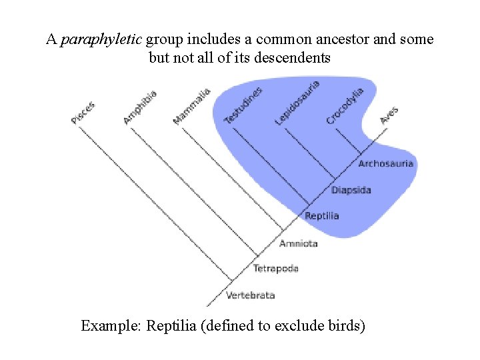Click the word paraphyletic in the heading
pos(101,39)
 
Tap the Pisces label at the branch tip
pos(84,112)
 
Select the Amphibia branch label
pos(140,107)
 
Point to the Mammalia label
pos(192,106)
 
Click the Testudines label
pos(243,105)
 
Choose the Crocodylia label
pos(345,106)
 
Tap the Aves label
pos(389,115)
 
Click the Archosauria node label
pos(386,163)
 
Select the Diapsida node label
pos(351,190)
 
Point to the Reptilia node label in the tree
pos(322,216)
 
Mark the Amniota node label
pos(298,243)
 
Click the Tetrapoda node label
pos(275,269)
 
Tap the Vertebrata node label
pos(250,295)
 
